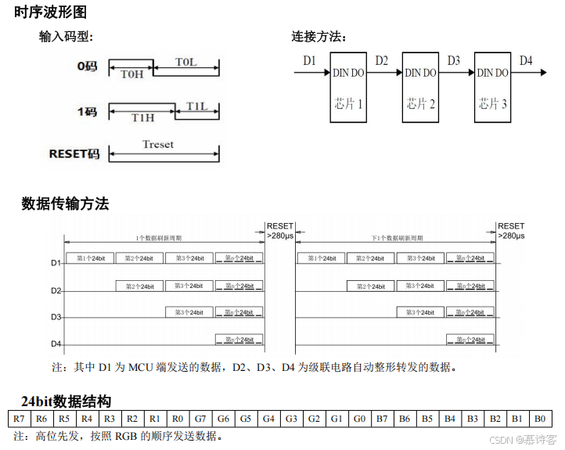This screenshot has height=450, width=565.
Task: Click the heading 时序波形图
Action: [x=51, y=12]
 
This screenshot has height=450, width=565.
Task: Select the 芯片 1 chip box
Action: [x=348, y=87]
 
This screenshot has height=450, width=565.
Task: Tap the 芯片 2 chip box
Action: [x=421, y=87]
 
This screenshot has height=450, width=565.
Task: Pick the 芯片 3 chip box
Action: [x=494, y=87]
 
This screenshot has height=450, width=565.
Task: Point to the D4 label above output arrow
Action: [x=527, y=60]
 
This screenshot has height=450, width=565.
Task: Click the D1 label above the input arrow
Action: [x=309, y=60]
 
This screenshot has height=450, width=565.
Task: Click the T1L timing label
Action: [x=196, y=106]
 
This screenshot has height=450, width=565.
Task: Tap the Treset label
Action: [x=158, y=144]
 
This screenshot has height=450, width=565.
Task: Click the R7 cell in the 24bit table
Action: [x=20, y=419]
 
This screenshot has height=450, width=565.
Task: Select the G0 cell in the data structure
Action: [x=359, y=419]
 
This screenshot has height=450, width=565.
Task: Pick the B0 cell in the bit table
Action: [x=541, y=419]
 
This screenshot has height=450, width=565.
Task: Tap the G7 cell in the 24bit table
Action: [x=200, y=419]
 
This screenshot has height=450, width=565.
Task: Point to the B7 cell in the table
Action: [x=382, y=419]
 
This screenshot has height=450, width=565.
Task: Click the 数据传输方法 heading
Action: [x=65, y=204]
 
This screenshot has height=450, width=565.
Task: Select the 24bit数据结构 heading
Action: [x=66, y=401]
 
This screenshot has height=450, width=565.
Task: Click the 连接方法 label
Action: [x=318, y=37]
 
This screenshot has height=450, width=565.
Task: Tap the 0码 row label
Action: [x=87, y=67]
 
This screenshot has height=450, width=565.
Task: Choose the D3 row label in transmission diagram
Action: [x=56, y=317]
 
